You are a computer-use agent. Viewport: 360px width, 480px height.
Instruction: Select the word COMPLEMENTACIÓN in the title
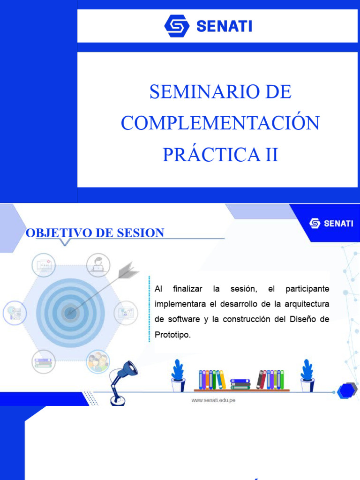(x=220, y=123)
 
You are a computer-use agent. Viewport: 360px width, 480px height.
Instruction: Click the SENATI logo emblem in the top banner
(x=177, y=26)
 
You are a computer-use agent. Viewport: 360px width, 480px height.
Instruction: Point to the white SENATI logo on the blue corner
(x=331, y=224)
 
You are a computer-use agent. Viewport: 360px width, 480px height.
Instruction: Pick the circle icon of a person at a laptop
(x=98, y=265)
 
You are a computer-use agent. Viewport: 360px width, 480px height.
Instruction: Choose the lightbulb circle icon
(x=14, y=312)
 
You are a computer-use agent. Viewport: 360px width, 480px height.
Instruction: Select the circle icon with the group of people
(x=98, y=361)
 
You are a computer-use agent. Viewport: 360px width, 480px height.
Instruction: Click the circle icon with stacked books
(x=43, y=361)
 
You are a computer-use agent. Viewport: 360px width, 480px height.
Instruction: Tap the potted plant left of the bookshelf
(x=178, y=375)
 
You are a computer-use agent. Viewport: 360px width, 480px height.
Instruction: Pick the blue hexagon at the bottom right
(x=346, y=391)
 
